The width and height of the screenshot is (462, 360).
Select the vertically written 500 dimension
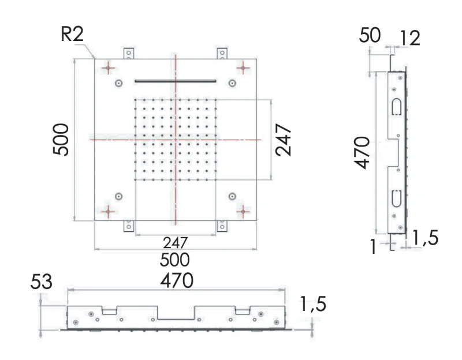click(x=62, y=139)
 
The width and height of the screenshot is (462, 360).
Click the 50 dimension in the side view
click(x=369, y=35)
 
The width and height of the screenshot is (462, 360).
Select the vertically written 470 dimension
click(x=362, y=153)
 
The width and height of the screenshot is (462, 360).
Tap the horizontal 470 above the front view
click(x=176, y=280)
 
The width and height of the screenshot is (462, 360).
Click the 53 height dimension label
click(x=42, y=283)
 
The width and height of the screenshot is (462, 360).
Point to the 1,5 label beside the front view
click(x=312, y=304)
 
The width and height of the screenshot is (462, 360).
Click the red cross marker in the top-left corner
click(x=107, y=69)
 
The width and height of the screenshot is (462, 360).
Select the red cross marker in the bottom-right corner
click(x=244, y=211)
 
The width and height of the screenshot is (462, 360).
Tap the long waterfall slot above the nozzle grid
click(x=175, y=81)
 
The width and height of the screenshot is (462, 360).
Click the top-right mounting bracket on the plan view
click(x=222, y=53)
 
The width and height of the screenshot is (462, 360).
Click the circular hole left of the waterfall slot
click(x=119, y=83)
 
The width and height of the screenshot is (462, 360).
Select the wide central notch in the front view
click(x=176, y=314)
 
